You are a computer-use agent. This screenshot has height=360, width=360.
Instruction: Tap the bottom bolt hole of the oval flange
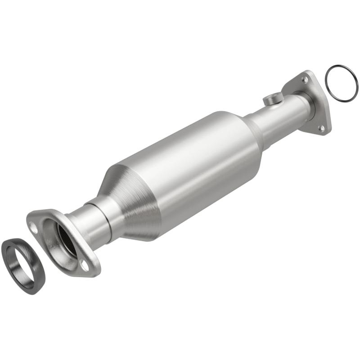point(84,266)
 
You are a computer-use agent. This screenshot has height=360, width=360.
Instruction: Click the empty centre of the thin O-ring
point(342,84)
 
